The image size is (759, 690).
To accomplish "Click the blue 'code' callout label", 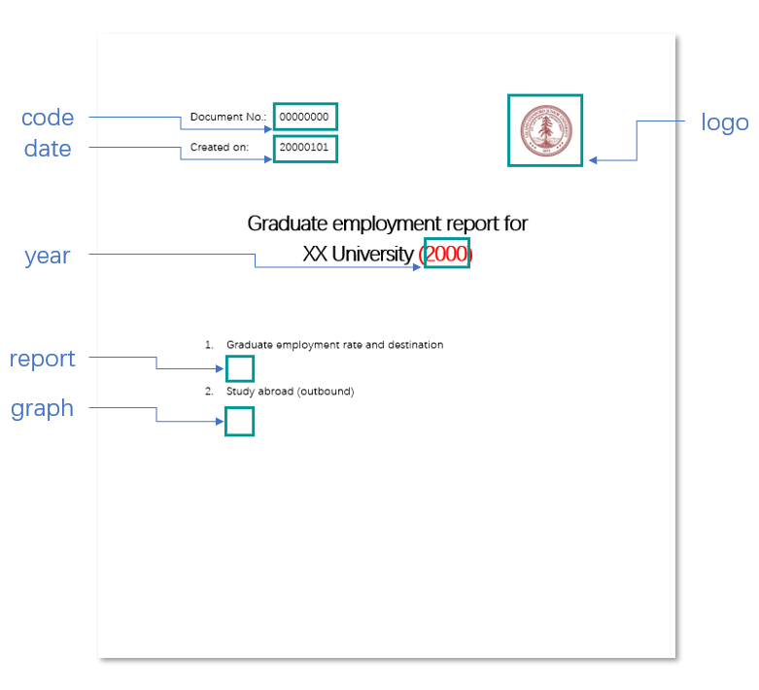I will pyautogui.click(x=48, y=119).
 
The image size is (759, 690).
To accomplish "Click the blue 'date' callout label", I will pyautogui.click(x=48, y=149).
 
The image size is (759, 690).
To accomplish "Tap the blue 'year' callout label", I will pyautogui.click(x=48, y=257).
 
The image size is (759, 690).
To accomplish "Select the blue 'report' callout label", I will pyautogui.click(x=43, y=359).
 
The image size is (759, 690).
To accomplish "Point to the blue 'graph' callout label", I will pyautogui.click(x=43, y=408).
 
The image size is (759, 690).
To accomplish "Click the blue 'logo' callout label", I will pyautogui.click(x=725, y=122).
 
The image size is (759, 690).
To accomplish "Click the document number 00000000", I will pyautogui.click(x=304, y=118).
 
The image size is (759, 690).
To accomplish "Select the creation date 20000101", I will pyautogui.click(x=304, y=148).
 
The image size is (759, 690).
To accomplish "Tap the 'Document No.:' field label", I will pyautogui.click(x=227, y=118).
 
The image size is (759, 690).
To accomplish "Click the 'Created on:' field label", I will pyautogui.click(x=220, y=148).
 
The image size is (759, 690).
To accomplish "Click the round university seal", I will pyautogui.click(x=545, y=131).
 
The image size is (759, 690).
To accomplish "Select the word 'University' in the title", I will pyautogui.click(x=371, y=255).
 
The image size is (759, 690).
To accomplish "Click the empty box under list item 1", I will pyautogui.click(x=239, y=369).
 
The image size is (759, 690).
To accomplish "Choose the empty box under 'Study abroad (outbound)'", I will pyautogui.click(x=239, y=421).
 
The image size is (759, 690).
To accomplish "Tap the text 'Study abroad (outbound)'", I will pyautogui.click(x=290, y=392).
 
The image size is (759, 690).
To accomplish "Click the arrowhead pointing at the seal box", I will pyautogui.click(x=594, y=160).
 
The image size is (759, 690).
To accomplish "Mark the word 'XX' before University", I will pyautogui.click(x=315, y=255).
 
